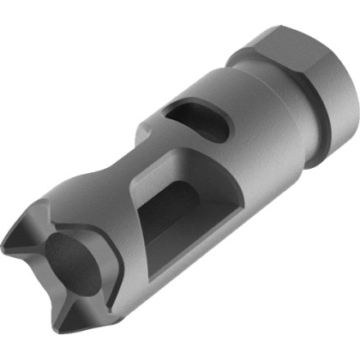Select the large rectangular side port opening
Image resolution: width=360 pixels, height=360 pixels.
coord(176,214)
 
